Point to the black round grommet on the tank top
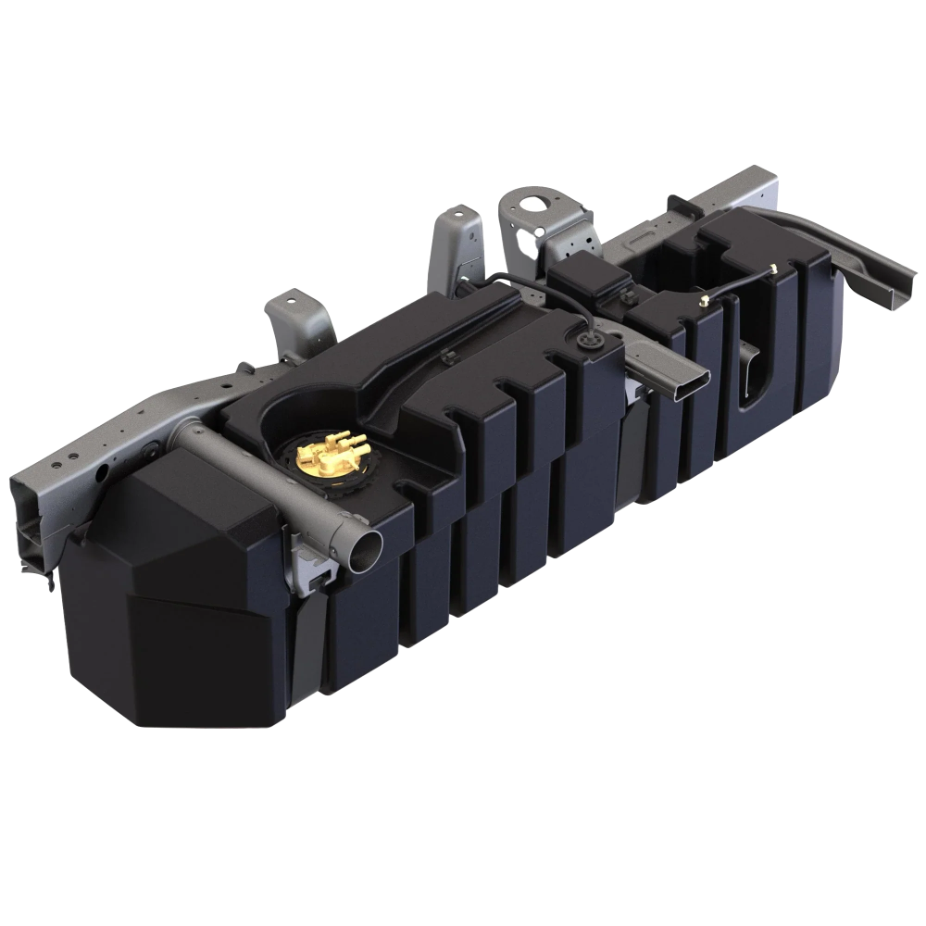coord(586,341)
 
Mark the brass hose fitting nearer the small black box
coord(704,300)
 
